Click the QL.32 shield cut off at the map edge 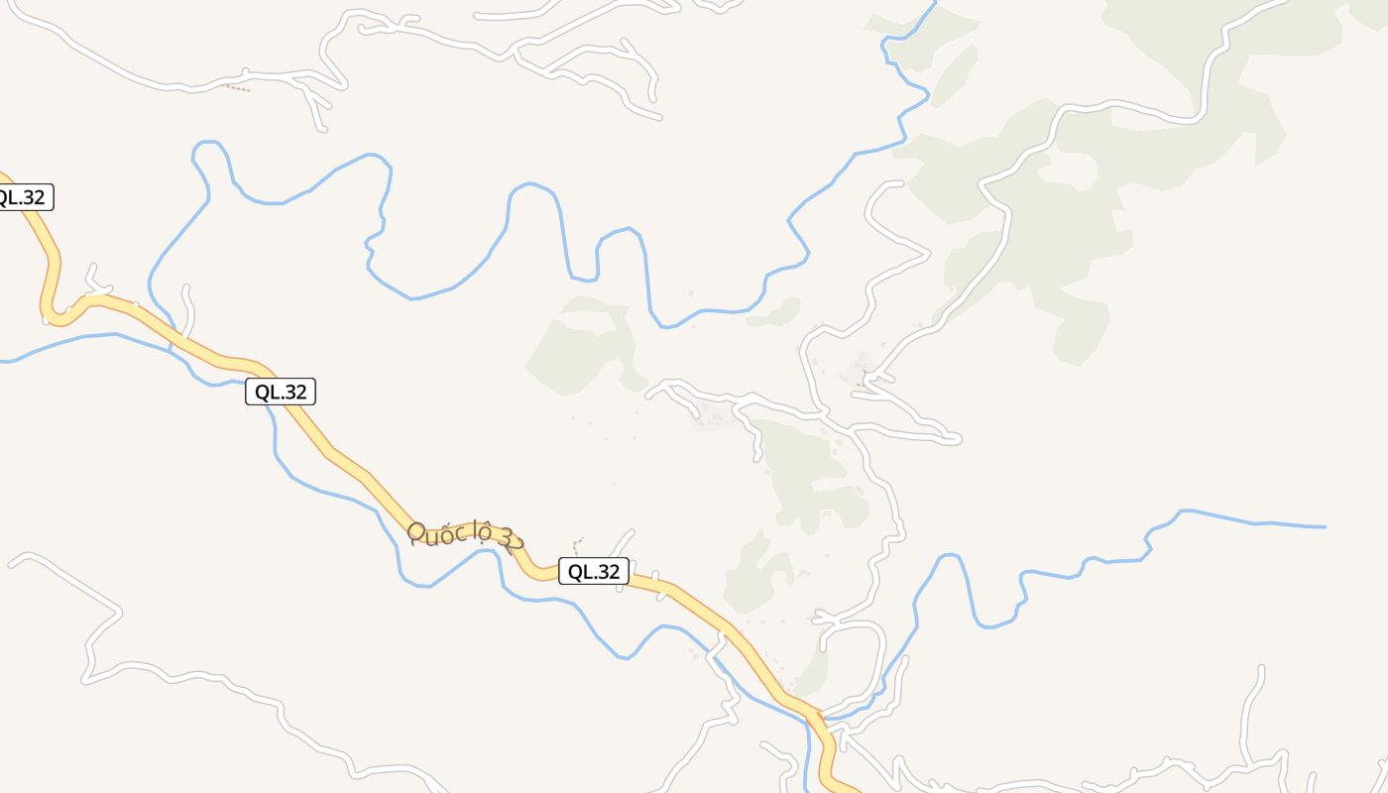[x=22, y=197]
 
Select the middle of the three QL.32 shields [x=281, y=392]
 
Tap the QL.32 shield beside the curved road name [x=594, y=571]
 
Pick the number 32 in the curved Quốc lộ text [x=512, y=541]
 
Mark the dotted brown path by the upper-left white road [x=235, y=88]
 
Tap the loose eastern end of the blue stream [x=1325, y=527]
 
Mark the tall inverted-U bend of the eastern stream [x=950, y=560]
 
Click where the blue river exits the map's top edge [x=935, y=3]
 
